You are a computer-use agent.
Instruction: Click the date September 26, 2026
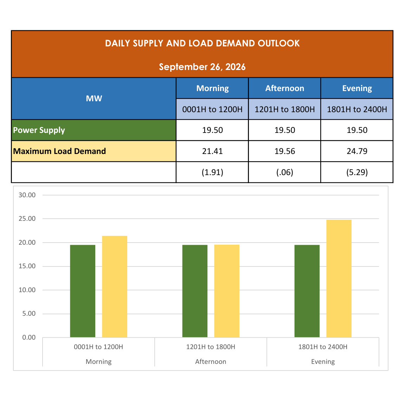click(202, 67)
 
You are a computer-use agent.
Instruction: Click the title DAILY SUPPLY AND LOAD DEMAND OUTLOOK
click(202, 43)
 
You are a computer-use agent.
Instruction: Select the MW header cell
click(94, 98)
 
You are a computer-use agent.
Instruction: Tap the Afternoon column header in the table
click(285, 88)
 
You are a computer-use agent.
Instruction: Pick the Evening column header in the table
click(357, 88)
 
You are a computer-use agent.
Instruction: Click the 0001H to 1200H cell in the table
click(212, 109)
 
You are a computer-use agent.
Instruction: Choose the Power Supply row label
click(39, 130)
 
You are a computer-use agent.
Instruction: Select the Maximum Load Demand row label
click(59, 151)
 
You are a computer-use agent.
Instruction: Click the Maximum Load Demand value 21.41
click(212, 151)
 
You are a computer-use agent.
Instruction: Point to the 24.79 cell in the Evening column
click(357, 151)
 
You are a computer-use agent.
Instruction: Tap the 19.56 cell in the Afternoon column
click(285, 151)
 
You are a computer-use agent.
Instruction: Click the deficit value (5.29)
click(357, 172)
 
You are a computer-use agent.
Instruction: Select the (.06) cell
click(285, 172)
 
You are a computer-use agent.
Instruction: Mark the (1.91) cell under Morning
click(212, 172)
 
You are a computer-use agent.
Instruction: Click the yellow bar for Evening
click(339, 278)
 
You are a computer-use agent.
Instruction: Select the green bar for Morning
click(83, 291)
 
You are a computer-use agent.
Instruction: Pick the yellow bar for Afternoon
click(227, 291)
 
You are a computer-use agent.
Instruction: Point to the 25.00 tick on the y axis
click(27, 219)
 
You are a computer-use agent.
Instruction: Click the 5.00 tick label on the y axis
click(29, 314)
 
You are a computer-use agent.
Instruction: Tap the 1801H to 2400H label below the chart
click(323, 347)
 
